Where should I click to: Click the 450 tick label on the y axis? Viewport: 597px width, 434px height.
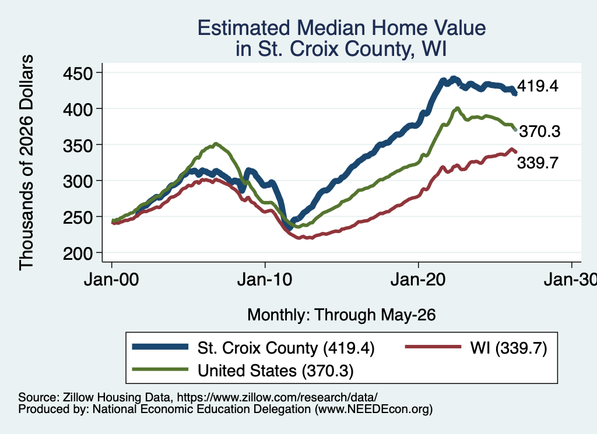coord(78,73)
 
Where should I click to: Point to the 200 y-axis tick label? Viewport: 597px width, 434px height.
coord(78,253)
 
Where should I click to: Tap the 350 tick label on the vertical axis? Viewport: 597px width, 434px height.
coord(78,145)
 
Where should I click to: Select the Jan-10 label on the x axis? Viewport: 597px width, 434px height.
coord(265,280)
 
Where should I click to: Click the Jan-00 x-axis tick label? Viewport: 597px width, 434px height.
coord(111,280)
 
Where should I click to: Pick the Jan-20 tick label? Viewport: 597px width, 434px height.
coord(418,280)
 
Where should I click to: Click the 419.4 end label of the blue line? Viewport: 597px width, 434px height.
coord(538,86)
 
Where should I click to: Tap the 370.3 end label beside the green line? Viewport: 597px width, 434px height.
coord(540,131)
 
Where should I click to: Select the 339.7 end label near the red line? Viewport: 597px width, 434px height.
coord(538,163)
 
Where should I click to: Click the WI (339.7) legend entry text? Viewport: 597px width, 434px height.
coord(508,348)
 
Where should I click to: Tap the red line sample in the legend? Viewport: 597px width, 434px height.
coord(433,347)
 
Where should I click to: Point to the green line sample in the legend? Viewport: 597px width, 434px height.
coord(160,369)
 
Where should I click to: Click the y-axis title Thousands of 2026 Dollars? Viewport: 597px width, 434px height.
coord(26,163)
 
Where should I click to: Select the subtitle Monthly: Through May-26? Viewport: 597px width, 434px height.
coord(342,315)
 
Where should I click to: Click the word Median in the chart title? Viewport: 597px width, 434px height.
coord(331,28)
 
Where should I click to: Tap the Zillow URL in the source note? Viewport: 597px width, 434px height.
coord(277,397)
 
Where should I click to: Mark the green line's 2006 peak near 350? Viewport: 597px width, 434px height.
coord(216,144)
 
